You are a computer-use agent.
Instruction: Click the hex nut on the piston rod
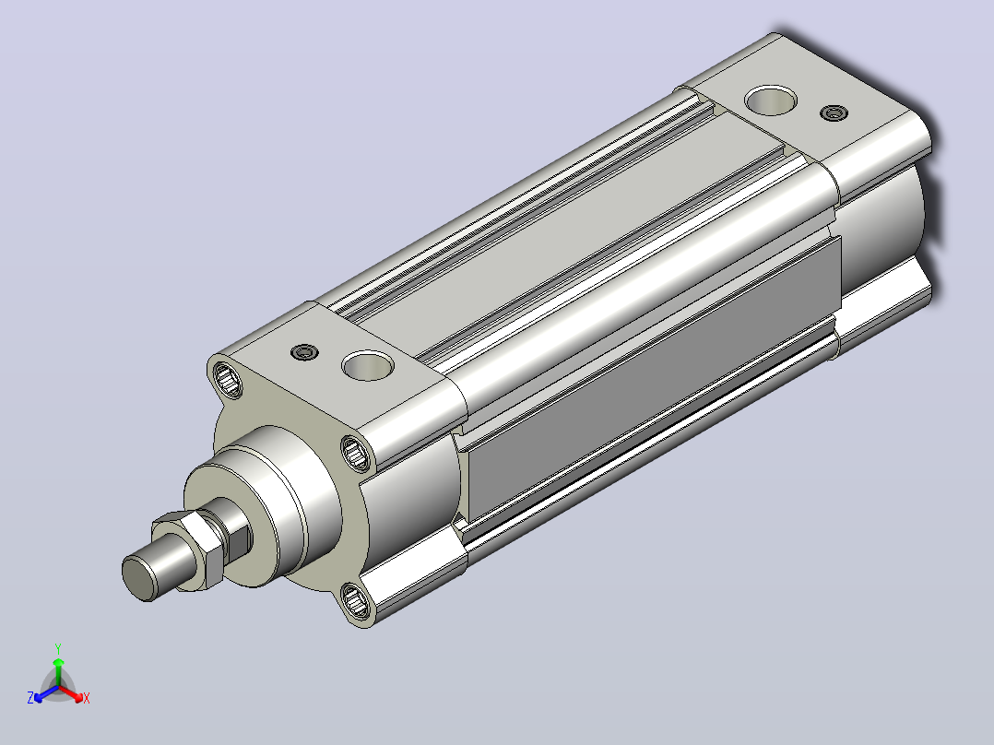click(189, 550)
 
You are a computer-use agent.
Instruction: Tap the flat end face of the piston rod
click(139, 577)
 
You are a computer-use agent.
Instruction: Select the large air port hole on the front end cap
click(368, 366)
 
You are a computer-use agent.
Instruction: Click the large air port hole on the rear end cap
click(770, 101)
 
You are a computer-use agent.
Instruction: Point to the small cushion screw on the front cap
click(304, 352)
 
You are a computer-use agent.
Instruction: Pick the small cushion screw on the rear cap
click(834, 112)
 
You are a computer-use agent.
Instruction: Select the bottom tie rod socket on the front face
click(356, 600)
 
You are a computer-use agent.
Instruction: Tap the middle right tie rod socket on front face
click(356, 453)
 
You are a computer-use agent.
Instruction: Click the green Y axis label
click(58, 648)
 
